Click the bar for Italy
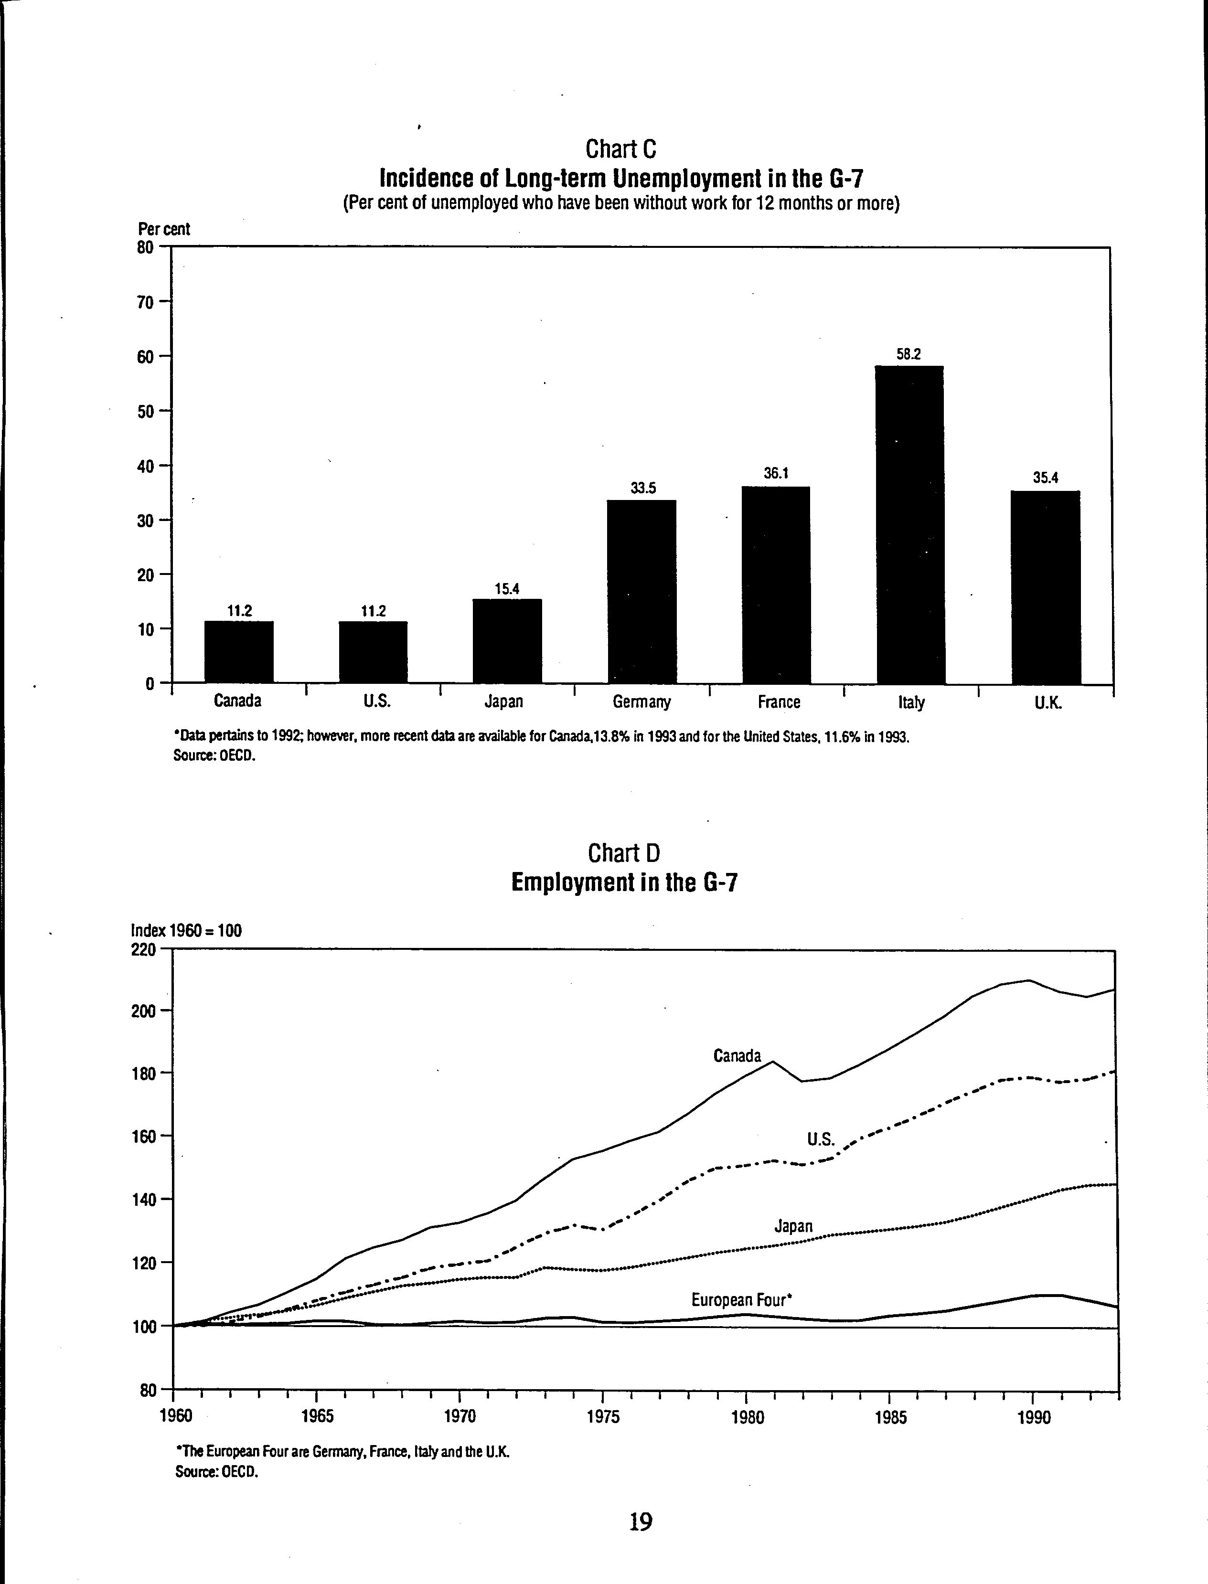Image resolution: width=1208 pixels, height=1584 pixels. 909,525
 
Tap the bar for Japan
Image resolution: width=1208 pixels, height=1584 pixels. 507,641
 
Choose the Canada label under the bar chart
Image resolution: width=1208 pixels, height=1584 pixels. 238,701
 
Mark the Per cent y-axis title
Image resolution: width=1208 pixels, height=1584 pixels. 164,229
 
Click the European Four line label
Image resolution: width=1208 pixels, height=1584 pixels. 741,1299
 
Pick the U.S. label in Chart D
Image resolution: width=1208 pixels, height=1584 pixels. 821,1139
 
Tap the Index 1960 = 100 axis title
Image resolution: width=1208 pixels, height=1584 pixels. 186,930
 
